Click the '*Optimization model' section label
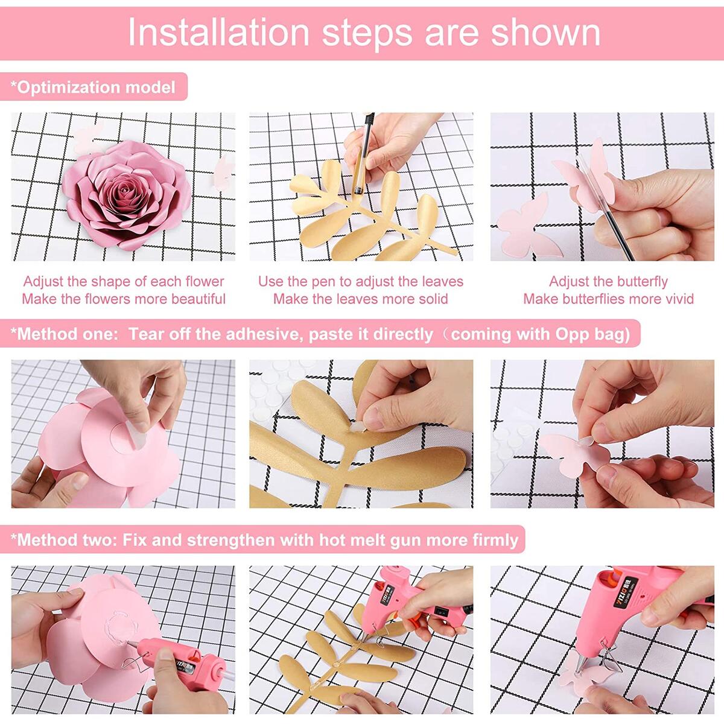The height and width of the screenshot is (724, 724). click(x=94, y=87)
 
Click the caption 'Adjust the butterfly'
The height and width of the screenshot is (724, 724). click(x=608, y=281)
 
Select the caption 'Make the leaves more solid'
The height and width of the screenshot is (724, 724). click(x=361, y=299)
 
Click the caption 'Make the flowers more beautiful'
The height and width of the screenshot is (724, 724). click(x=124, y=299)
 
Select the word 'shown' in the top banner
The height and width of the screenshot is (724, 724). click(x=545, y=33)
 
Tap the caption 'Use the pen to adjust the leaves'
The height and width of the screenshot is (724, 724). click(x=361, y=281)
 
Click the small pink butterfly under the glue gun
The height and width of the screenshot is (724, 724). click(x=576, y=676)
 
